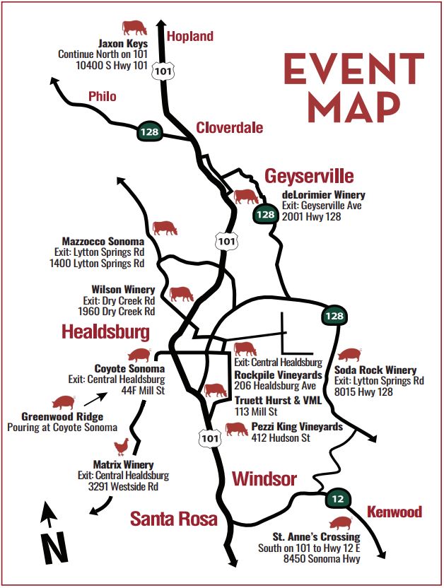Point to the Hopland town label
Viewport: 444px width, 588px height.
189,36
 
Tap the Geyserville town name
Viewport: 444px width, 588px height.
309,176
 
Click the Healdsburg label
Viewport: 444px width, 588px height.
105,331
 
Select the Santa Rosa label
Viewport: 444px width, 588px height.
173,519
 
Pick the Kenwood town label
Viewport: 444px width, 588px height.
394,512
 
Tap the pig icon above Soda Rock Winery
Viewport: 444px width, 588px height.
350,354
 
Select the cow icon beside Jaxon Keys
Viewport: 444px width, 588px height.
134,28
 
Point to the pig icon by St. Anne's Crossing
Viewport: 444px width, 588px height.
340,523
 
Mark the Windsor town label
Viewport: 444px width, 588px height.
264,479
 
